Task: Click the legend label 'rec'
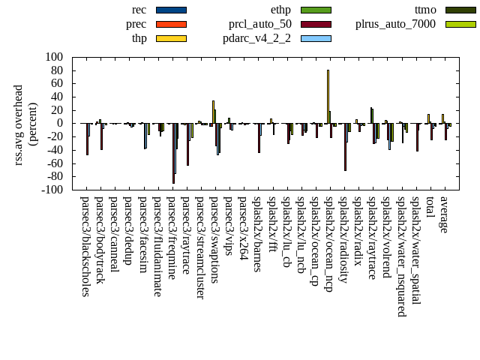click(139, 10)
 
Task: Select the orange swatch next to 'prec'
click(171, 24)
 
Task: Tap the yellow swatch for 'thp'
click(171, 38)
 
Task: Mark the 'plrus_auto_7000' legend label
click(395, 24)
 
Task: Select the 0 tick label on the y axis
click(58, 123)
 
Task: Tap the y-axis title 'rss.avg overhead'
click(19, 123)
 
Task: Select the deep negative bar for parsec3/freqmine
click(173, 153)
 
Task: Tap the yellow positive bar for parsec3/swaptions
click(213, 112)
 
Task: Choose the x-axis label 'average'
click(444, 214)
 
